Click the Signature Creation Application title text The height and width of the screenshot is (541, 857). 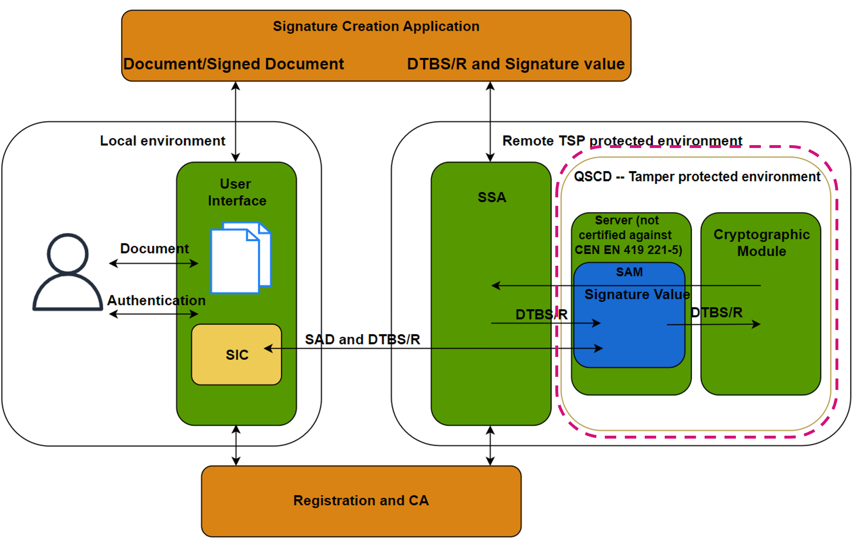coord(376,26)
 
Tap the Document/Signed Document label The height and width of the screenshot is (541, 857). coord(234,64)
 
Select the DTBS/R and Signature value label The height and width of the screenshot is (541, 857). coord(516,64)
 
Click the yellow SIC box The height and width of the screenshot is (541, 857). coord(237,355)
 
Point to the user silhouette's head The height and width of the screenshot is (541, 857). coord(68,253)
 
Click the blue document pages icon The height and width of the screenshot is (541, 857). coord(240,257)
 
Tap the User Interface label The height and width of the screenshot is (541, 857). coord(237,192)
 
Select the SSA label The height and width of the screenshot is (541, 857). coord(491,197)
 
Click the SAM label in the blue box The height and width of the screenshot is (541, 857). coord(629,272)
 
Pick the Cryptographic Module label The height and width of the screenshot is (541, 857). coord(761,243)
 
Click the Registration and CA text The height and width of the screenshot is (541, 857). coord(361,500)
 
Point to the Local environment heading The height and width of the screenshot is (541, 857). coord(162,141)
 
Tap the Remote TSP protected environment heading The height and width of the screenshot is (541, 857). coord(622,141)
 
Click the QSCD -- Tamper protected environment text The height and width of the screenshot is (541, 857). coord(697,177)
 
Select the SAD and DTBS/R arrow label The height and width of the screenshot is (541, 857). coord(363,340)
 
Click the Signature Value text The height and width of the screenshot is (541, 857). coord(637,294)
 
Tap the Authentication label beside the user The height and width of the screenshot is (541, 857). coord(156,300)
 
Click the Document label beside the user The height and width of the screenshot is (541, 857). coord(154,248)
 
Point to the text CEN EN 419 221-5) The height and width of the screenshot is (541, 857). coord(628,250)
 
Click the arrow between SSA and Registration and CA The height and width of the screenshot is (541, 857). coord(490,446)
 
